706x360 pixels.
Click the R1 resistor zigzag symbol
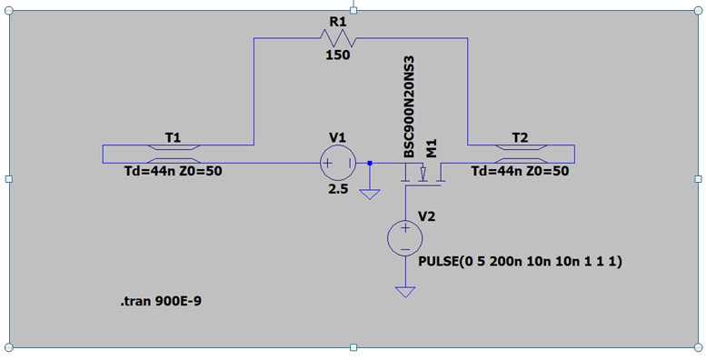[x=338, y=38]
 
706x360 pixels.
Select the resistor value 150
[x=338, y=55]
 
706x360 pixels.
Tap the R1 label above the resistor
[x=338, y=21]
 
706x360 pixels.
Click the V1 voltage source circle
[x=338, y=163]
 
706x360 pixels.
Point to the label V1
[x=338, y=138]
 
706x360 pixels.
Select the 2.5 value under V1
[x=338, y=189]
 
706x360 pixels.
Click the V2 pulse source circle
[x=405, y=239]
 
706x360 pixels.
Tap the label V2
[x=427, y=216]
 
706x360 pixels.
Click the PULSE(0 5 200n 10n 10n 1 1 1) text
[x=520, y=262]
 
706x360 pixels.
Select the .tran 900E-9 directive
[x=161, y=302]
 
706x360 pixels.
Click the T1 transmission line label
[x=174, y=138]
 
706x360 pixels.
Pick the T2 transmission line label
[x=520, y=138]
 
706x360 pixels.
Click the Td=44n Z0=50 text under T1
[x=174, y=172]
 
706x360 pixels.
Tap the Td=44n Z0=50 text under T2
[x=520, y=172]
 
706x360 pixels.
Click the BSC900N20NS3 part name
[x=409, y=107]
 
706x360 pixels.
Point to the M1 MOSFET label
[x=432, y=148]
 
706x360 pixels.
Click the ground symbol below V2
[x=405, y=293]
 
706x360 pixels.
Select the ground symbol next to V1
[x=370, y=195]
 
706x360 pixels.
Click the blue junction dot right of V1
[x=370, y=163]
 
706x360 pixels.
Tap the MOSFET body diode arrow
[x=423, y=174]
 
